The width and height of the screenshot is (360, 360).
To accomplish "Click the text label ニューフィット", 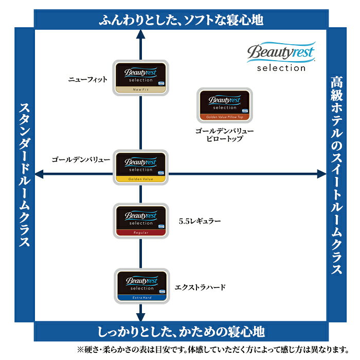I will pos(88,80).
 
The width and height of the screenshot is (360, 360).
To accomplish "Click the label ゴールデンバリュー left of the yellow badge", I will pos(81,160).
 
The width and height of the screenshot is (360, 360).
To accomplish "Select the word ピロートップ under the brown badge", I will pos(224,139).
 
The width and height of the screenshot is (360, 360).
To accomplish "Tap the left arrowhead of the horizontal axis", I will pos(38,175).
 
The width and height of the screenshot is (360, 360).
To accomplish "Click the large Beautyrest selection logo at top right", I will pos(276,57).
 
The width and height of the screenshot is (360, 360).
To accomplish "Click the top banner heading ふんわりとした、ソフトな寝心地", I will pos(181,20).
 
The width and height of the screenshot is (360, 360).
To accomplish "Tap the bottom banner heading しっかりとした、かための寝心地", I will pos(181,331).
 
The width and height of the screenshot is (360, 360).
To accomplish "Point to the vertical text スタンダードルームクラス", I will pos(24,175).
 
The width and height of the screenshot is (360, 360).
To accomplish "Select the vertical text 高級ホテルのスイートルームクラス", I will pos(337,175).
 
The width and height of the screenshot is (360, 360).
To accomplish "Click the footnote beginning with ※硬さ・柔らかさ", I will pos(216,350).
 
